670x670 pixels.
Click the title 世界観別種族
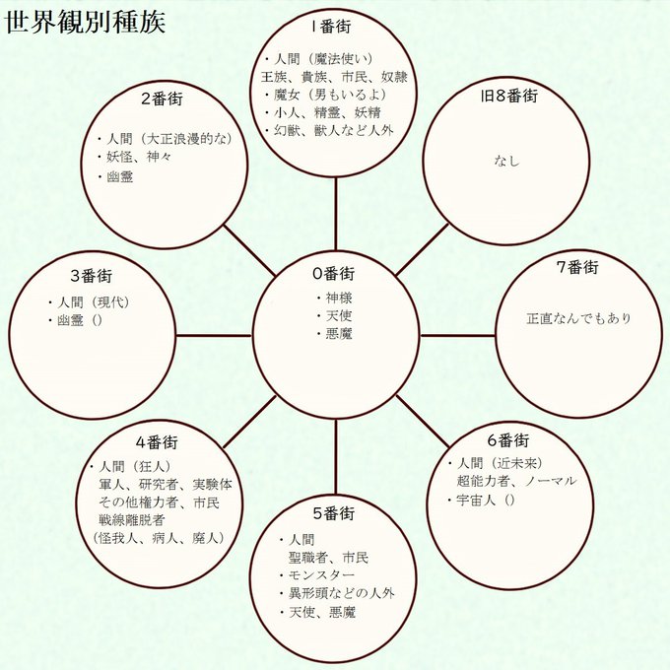(85, 23)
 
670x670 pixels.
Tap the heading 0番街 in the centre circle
(333, 273)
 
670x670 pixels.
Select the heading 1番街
(332, 27)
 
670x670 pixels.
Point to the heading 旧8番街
(509, 97)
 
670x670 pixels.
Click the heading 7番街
(577, 267)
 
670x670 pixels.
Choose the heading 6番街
(508, 440)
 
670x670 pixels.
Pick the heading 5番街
(334, 513)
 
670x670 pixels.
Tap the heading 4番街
(157, 442)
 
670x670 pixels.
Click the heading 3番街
(91, 276)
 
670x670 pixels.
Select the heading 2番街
(162, 99)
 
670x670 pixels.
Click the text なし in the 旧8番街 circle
(506, 161)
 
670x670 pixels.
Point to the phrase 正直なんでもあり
(578, 319)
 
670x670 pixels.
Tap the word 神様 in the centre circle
(339, 298)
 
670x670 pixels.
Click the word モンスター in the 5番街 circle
(321, 575)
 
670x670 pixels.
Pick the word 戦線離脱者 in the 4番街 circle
(132, 520)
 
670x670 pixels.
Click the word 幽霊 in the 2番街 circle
(119, 176)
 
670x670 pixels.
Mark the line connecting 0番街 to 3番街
(214, 335)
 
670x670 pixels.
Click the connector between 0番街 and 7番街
(458, 335)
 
